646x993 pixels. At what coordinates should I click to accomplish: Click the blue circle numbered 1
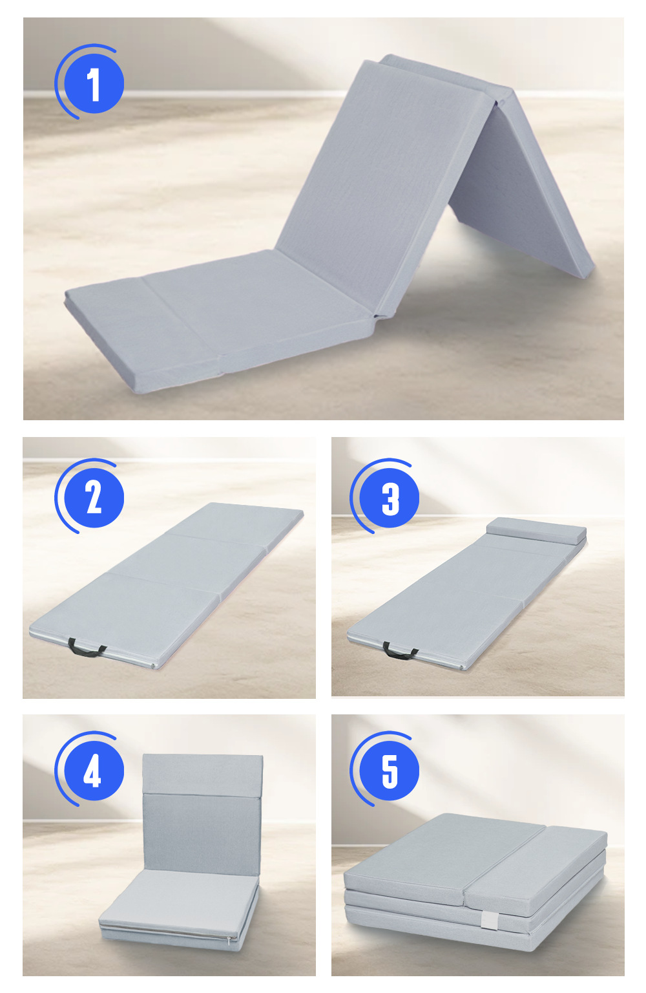coord(94,85)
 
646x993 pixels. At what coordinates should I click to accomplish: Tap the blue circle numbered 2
coord(94,498)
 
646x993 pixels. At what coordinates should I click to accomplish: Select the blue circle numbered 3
coord(390,498)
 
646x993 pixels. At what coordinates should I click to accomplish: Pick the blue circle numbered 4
coord(94,771)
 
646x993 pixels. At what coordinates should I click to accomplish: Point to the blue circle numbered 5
coord(390,771)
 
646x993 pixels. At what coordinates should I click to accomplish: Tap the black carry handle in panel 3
coord(400,651)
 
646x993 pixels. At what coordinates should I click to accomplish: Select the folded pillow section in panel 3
coord(536,531)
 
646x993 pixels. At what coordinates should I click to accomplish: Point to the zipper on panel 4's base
coord(168,931)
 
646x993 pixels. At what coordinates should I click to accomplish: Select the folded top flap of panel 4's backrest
coord(202,773)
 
